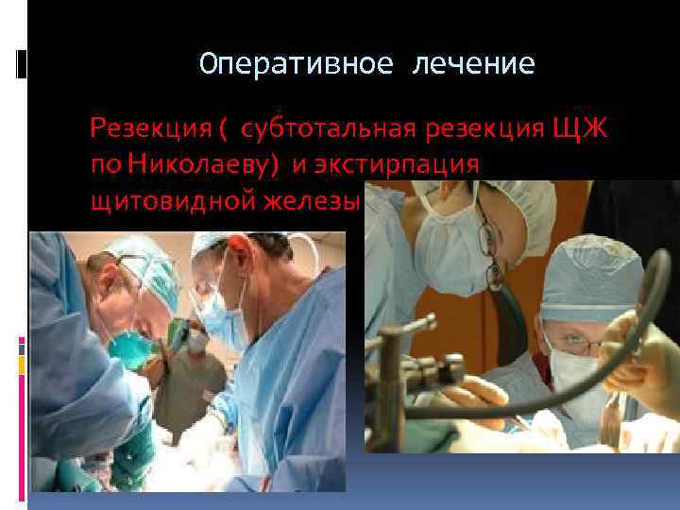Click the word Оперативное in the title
click(x=284, y=64)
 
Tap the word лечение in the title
click(x=473, y=64)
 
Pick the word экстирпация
click(x=407, y=164)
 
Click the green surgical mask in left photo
click(x=127, y=345)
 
